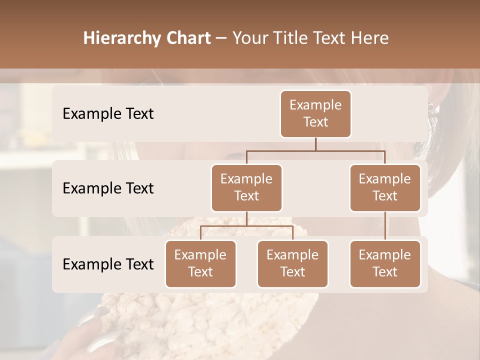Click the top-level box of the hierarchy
point(315,114)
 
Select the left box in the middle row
point(246,187)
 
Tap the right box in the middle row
point(385,187)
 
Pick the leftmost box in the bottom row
point(200,263)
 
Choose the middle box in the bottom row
point(292,263)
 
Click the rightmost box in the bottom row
point(385,263)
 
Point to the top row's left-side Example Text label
point(108,114)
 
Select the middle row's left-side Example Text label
point(108,188)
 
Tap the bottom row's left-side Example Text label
point(108,264)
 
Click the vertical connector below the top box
point(315,144)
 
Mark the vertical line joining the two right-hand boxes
point(385,226)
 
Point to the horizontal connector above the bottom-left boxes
point(246,226)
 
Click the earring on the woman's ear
point(430,107)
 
